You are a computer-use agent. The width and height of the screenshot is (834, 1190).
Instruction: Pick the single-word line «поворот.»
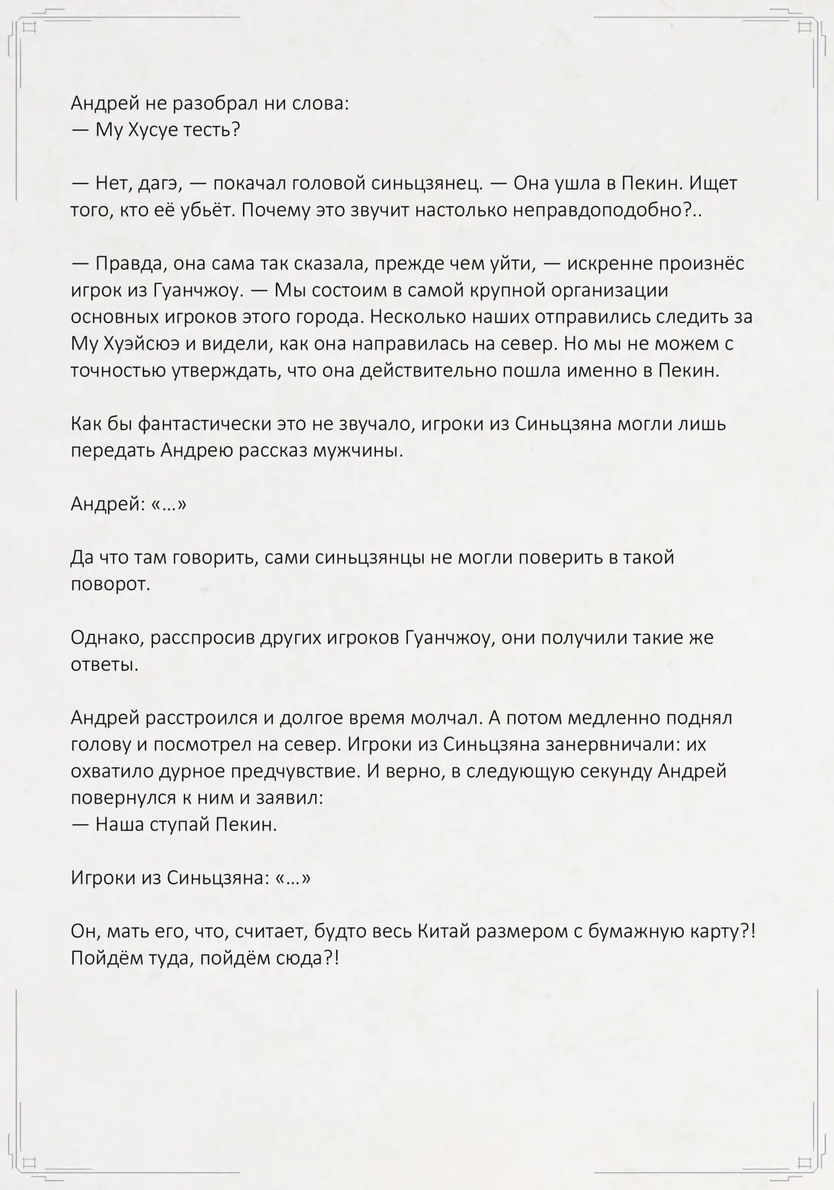110,585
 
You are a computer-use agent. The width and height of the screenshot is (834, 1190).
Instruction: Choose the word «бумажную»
636,932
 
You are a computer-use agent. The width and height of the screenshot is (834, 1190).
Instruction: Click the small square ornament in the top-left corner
30,29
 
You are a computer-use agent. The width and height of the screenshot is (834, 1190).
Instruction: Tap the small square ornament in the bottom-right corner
804,1161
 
